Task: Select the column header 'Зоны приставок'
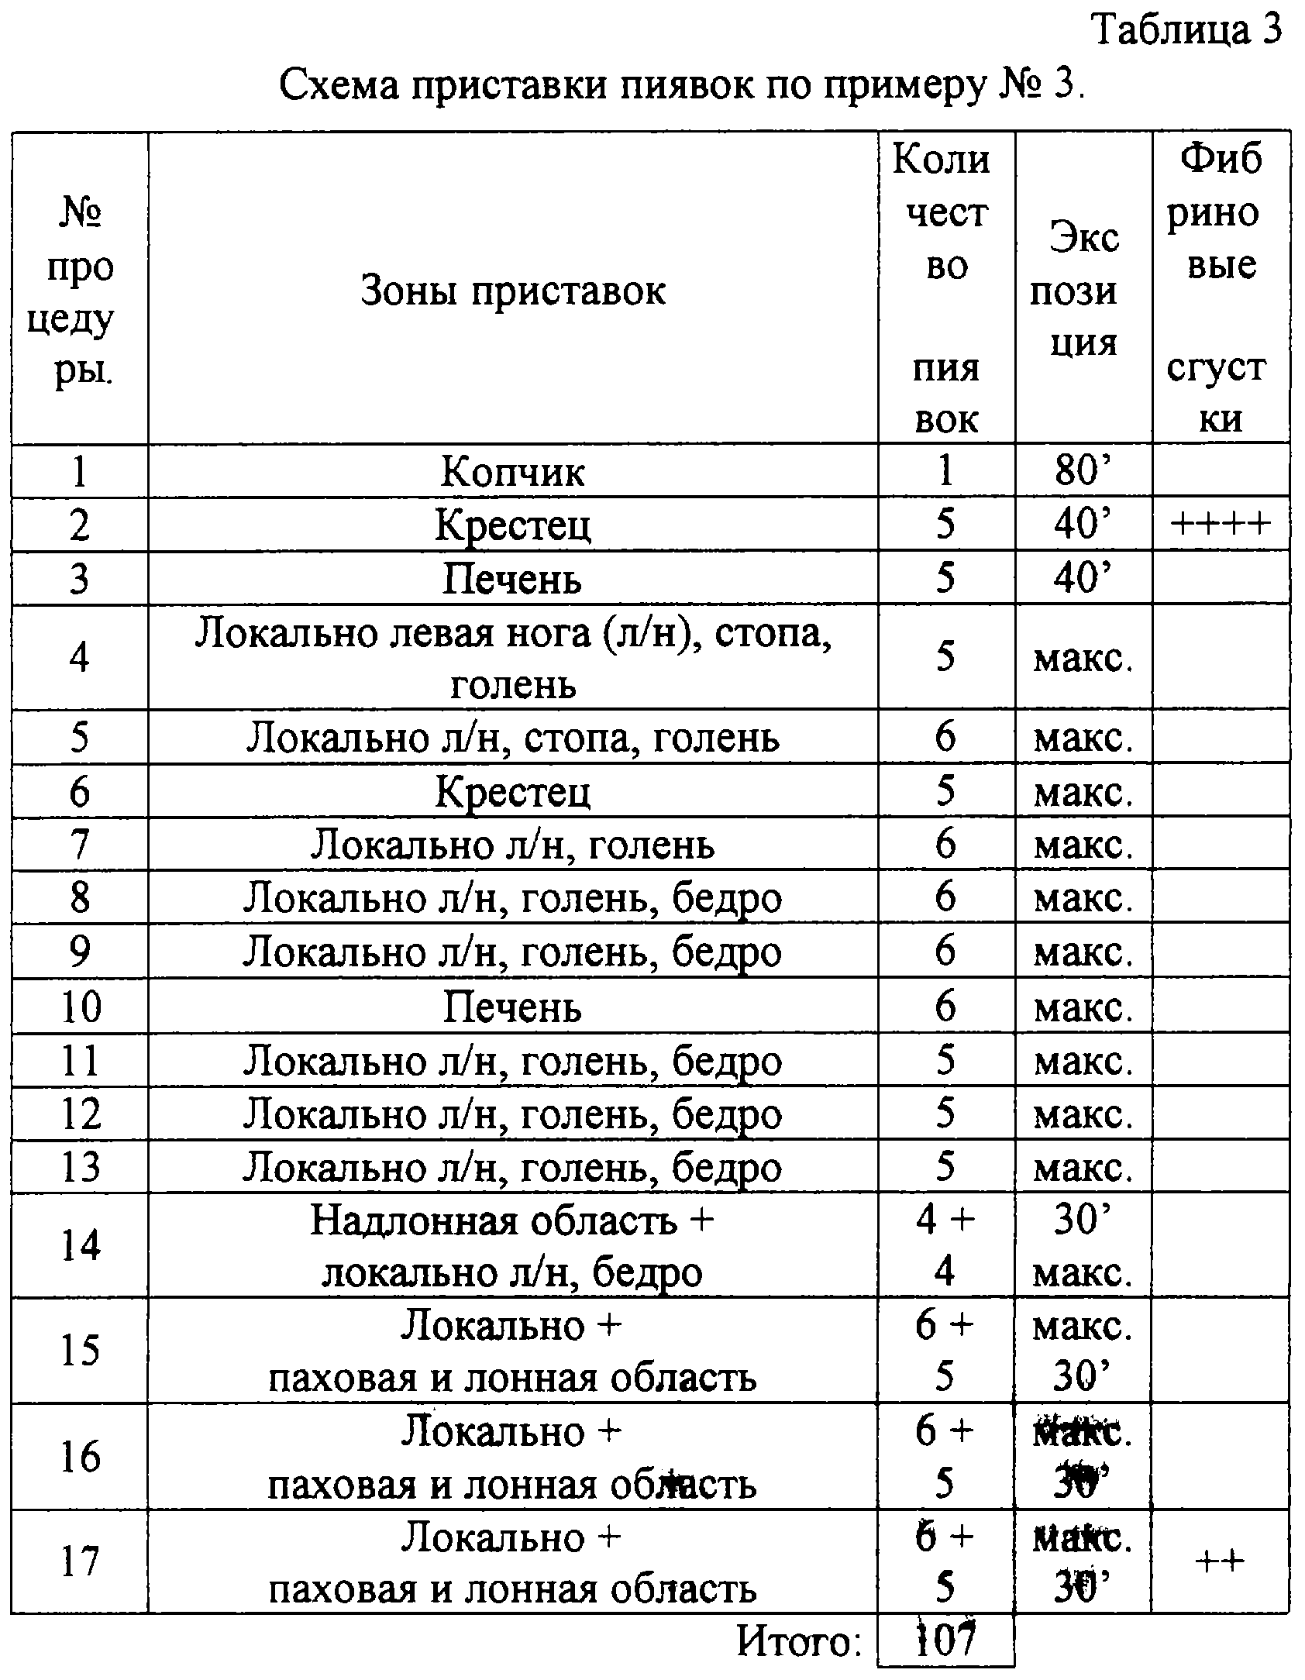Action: tap(512, 291)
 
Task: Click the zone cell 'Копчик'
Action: tap(512, 470)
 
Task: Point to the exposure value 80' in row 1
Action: tap(1083, 470)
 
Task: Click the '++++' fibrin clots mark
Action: tap(1221, 525)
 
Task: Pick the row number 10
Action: tap(80, 1007)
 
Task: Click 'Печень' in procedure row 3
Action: tap(512, 579)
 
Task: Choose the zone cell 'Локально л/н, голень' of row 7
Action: tap(512, 844)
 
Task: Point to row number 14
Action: tap(80, 1246)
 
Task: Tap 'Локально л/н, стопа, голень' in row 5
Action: tap(512, 737)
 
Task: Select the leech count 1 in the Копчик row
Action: tap(945, 470)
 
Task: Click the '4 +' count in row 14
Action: tap(945, 1221)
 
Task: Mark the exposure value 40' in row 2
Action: tap(1083, 525)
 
